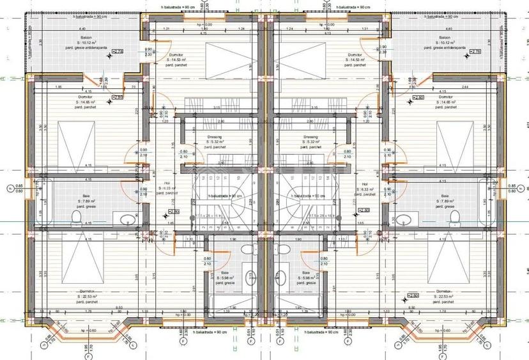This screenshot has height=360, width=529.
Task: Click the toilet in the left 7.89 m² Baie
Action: click(x=75, y=219)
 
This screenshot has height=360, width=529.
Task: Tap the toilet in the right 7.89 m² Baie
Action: click(x=454, y=219)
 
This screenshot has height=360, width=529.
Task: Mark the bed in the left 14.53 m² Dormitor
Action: click(x=231, y=57)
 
